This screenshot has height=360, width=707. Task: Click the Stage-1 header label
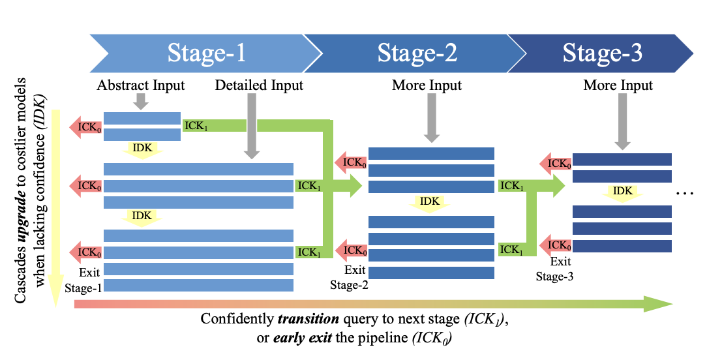pyautogui.click(x=207, y=53)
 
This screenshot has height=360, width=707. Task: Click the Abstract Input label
pyautogui.click(x=141, y=85)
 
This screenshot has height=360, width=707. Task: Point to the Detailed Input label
pyautogui.click(x=259, y=85)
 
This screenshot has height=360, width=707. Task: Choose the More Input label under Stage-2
pyautogui.click(x=427, y=85)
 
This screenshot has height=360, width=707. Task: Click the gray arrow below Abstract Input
pyautogui.click(x=142, y=102)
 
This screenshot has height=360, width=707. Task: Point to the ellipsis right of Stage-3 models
pyautogui.click(x=685, y=193)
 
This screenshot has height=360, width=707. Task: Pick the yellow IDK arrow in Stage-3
pyautogui.click(x=622, y=192)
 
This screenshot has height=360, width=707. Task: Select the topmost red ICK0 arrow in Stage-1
pyautogui.click(x=86, y=127)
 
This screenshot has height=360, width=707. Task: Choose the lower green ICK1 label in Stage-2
pyautogui.click(x=512, y=249)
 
